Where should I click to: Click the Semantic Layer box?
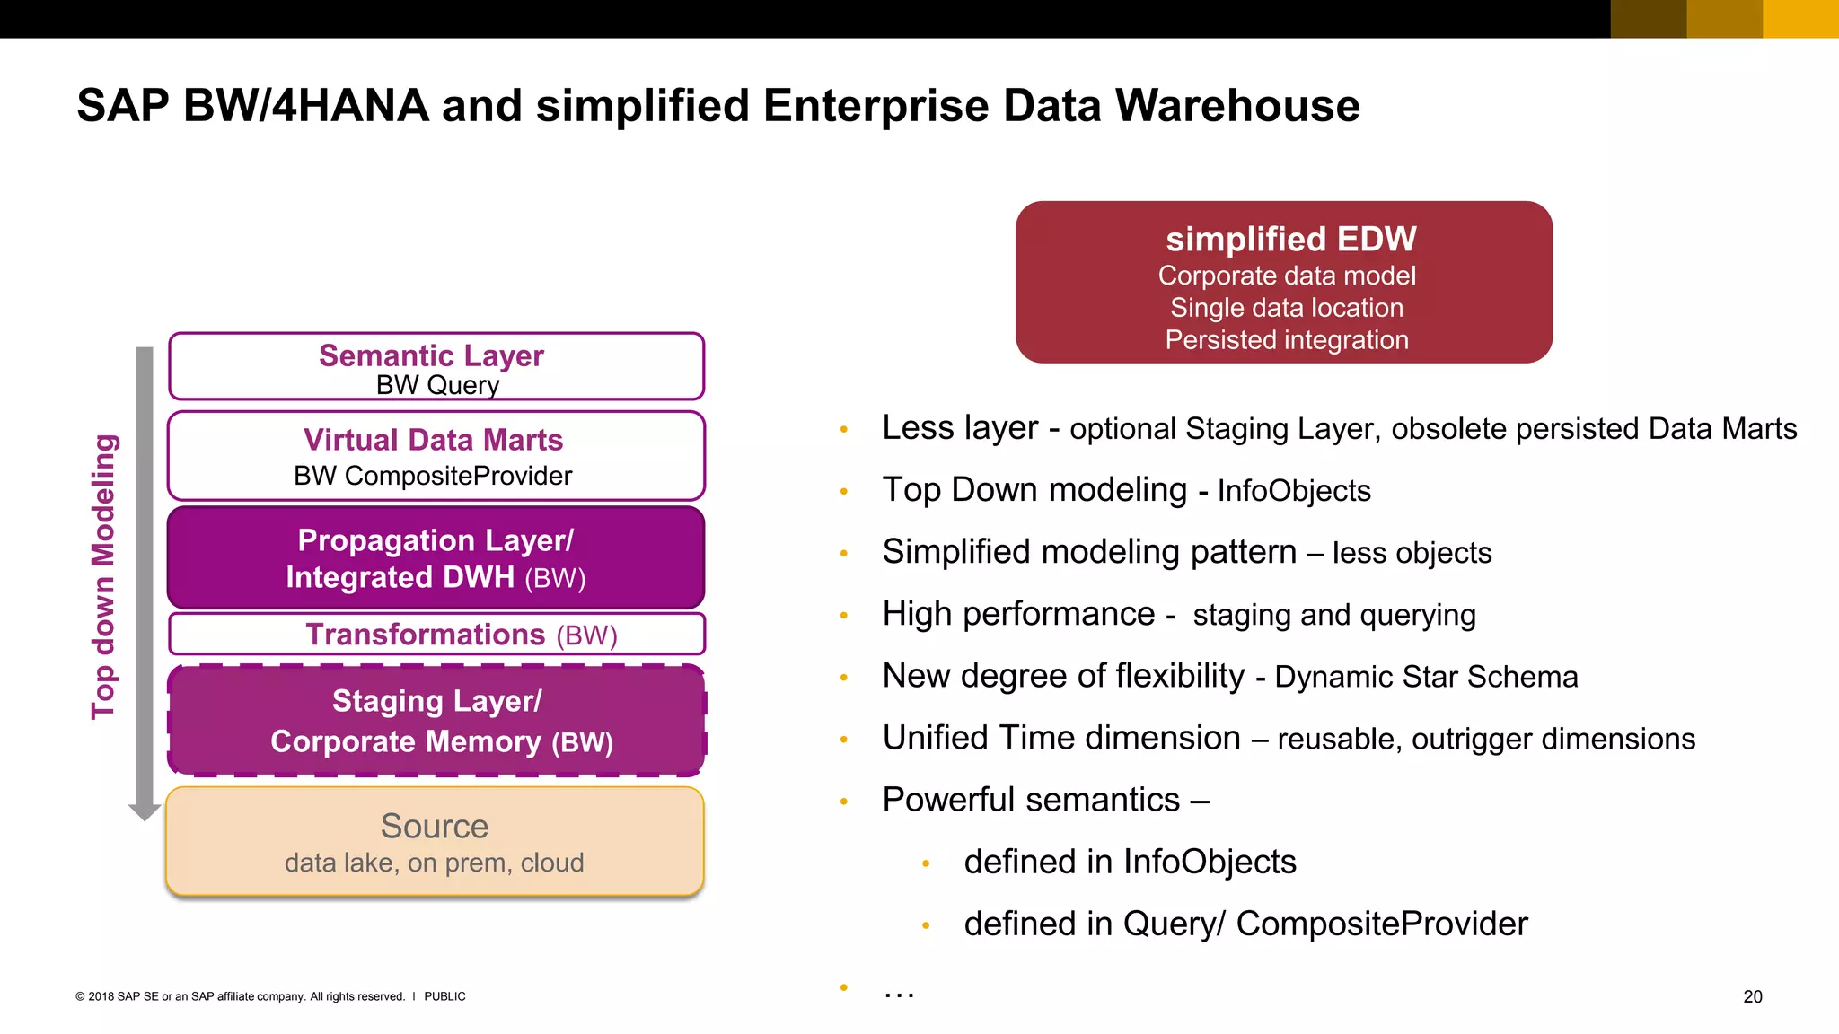436,366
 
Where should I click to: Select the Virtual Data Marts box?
436,456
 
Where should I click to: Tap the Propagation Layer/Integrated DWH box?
436,558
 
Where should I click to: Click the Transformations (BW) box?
436,635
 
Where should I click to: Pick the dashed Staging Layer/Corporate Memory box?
436,721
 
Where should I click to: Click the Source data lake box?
435,842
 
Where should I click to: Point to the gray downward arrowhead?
145,811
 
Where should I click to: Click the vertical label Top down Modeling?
104,576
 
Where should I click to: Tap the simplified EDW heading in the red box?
1290,240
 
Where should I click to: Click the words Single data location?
1286,308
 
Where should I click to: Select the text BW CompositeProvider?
433,476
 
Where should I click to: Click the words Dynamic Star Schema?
1426,677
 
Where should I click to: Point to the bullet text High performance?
1018,614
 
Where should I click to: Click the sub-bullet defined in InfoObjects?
1130,862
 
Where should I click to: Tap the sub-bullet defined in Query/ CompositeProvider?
1245,924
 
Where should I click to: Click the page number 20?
1752,996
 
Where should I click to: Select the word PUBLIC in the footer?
444,996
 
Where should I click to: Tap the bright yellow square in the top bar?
1800,19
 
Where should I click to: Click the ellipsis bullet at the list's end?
898,991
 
